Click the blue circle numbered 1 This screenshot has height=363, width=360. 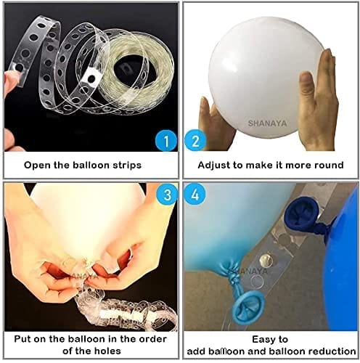[x=166, y=141]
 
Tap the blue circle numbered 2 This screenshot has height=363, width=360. [x=195, y=141]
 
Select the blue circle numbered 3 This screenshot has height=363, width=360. [x=168, y=195]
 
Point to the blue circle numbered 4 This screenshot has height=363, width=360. [x=195, y=195]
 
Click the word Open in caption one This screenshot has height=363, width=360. [x=38, y=166]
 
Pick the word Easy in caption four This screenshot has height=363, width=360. [x=262, y=340]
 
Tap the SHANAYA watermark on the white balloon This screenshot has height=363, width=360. [x=267, y=123]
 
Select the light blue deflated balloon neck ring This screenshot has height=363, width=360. [x=249, y=306]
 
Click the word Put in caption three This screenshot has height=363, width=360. [x=23, y=339]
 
